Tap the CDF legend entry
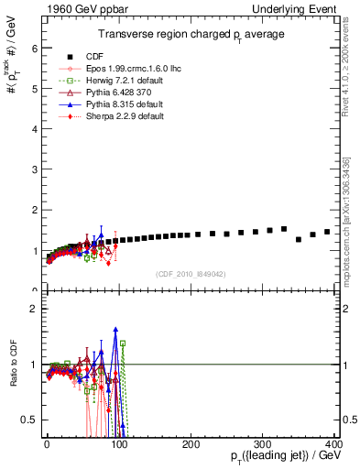coord(92,57)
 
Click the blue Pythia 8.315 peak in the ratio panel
coord(115,328)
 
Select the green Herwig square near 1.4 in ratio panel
coord(123,344)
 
